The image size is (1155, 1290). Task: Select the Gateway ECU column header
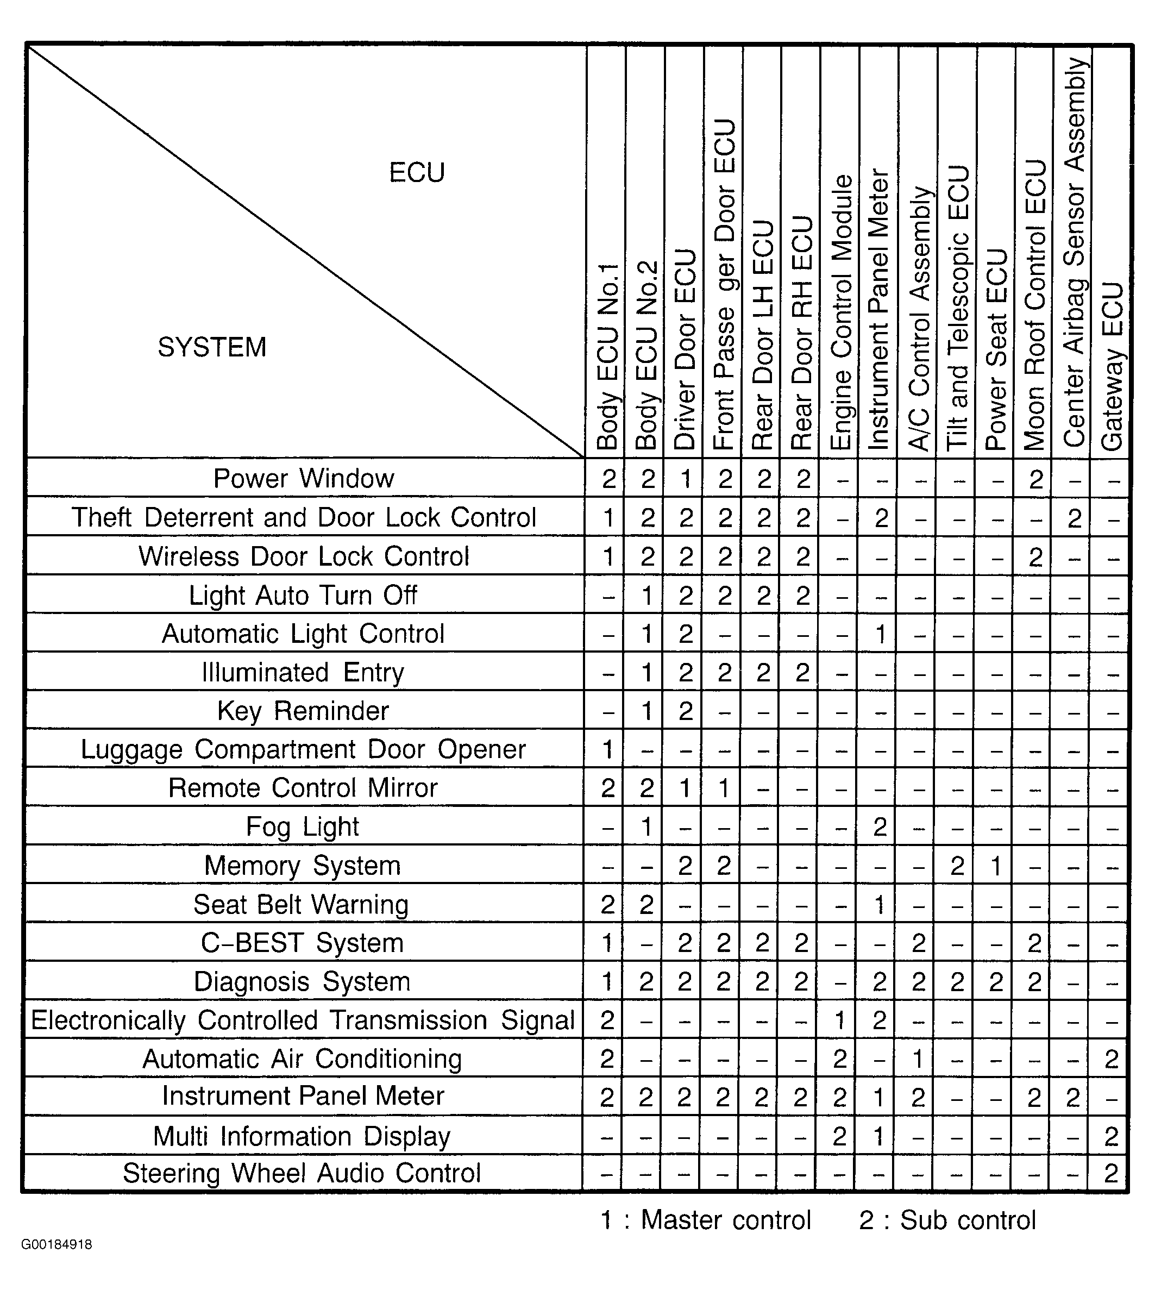(1112, 367)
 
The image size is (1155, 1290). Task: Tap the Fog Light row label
(302, 827)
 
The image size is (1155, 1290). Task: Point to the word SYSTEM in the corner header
(212, 347)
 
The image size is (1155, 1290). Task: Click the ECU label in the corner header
(417, 173)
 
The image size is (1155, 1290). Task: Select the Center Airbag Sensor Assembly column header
(1074, 252)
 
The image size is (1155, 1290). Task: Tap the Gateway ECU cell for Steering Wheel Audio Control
(1110, 1173)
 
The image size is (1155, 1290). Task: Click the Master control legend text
(706, 1220)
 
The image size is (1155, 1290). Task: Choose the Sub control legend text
(947, 1220)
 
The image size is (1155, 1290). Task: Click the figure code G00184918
(57, 1262)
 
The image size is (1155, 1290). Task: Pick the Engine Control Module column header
(841, 313)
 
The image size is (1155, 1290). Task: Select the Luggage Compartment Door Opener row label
(303, 750)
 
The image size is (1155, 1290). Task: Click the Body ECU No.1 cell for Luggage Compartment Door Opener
(607, 750)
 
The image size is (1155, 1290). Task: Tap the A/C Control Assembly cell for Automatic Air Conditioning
(918, 1059)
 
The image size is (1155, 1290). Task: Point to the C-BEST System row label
(302, 943)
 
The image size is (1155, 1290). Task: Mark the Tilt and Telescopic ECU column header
(958, 309)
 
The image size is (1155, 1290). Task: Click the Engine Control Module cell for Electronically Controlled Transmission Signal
(839, 1020)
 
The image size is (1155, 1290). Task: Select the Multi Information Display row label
(302, 1136)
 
